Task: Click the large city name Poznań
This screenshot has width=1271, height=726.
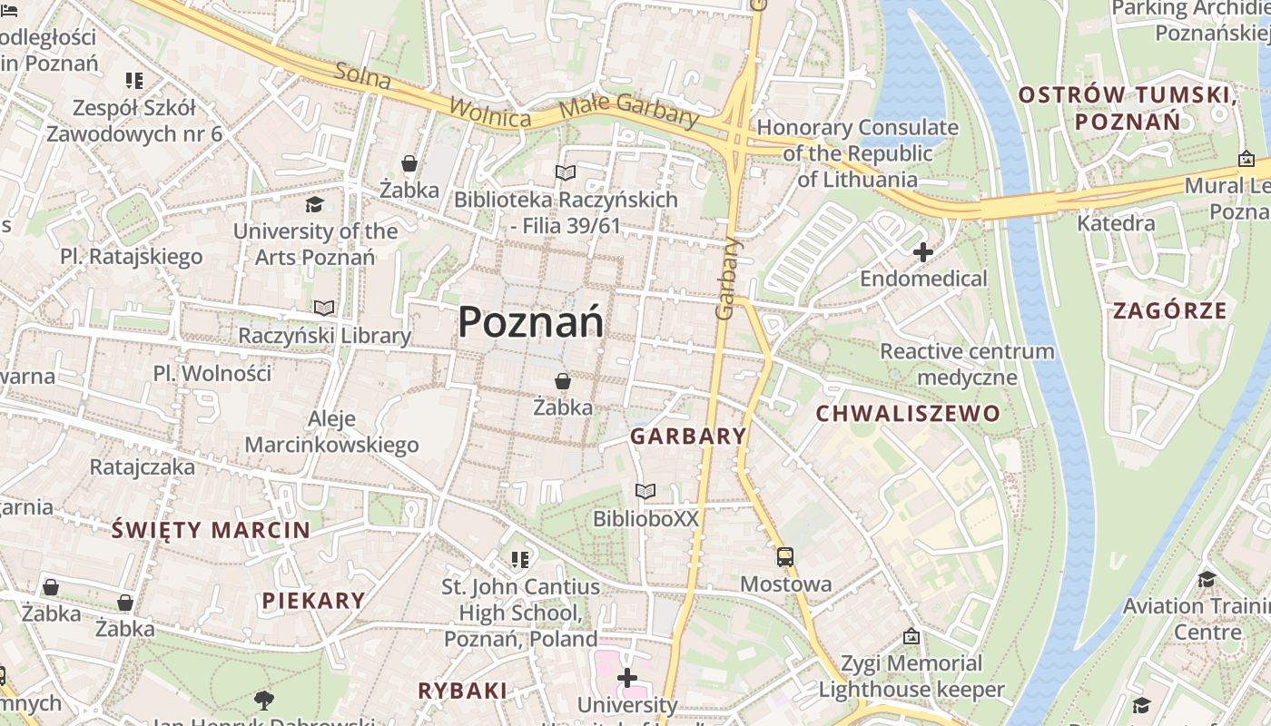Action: click(530, 322)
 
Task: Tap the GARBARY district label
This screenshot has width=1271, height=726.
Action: click(688, 437)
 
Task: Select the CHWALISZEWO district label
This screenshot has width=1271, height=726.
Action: click(908, 415)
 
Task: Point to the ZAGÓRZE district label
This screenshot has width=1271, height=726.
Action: click(1170, 311)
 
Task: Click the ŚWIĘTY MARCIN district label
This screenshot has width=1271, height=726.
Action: click(211, 531)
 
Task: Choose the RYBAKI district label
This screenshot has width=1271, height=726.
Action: click(462, 691)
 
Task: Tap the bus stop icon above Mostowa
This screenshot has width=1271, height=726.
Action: click(785, 557)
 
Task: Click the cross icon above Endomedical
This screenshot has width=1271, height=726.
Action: click(923, 252)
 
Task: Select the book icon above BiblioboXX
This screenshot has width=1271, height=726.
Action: click(645, 492)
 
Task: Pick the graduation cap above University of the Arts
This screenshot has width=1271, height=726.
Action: click(314, 205)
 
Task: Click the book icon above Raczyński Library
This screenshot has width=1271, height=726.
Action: click(324, 309)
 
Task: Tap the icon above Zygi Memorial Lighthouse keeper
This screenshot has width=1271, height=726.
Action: click(911, 637)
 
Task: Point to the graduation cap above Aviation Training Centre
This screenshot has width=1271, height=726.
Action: click(1207, 579)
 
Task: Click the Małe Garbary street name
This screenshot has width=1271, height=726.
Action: click(629, 109)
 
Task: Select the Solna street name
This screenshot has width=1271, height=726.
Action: click(362, 76)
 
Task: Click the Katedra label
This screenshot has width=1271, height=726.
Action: click(1116, 223)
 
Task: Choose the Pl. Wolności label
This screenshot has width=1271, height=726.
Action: click(212, 374)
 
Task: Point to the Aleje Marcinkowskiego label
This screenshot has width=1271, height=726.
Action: click(331, 432)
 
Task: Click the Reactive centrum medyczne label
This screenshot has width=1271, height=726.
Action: click(967, 364)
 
